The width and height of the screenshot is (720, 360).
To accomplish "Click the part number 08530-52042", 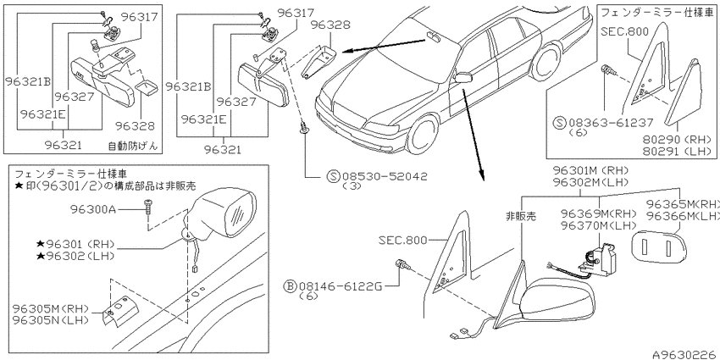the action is coord(384,176).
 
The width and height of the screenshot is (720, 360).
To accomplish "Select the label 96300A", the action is coord(94,209).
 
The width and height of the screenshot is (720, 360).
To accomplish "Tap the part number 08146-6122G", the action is coord(341,286).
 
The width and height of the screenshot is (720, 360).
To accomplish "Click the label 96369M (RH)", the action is coord(598,213).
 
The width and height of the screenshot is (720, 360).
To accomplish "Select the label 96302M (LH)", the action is coord(591,182).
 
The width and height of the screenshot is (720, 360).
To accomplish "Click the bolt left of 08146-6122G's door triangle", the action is coord(401,265).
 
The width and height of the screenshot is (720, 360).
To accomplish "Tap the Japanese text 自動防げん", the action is coord(132,146).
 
